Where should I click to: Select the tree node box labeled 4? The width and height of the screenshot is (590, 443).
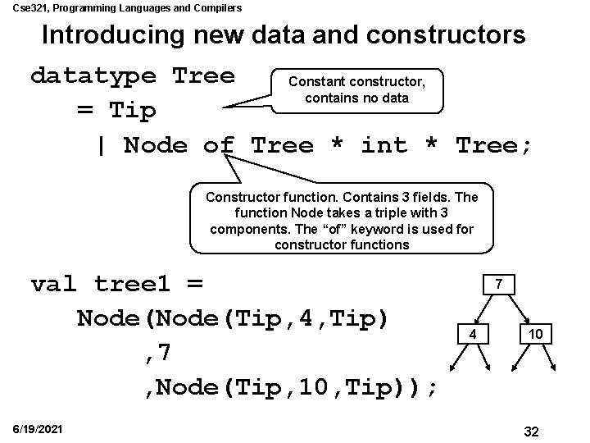[x=471, y=334]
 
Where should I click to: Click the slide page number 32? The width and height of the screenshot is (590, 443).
[x=530, y=432]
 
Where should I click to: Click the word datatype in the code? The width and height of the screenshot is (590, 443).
[x=93, y=76]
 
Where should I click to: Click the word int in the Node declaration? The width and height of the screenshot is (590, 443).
[x=383, y=146]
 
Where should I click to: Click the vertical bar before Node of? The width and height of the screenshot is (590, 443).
[x=101, y=146]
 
